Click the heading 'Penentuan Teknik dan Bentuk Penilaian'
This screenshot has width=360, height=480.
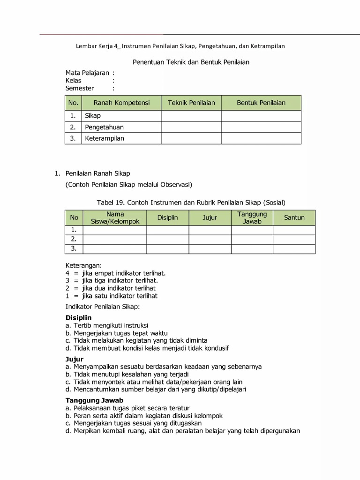tap(191, 62)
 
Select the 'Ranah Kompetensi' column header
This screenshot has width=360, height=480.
tap(121, 103)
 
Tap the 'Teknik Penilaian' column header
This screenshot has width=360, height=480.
tap(191, 103)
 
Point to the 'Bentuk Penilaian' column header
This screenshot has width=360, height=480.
tap(261, 103)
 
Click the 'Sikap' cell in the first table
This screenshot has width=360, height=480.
tap(93, 116)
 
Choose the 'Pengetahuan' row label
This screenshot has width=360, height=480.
tap(104, 127)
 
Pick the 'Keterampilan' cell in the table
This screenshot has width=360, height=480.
tap(105, 138)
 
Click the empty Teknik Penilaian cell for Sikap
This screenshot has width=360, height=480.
tap(191, 116)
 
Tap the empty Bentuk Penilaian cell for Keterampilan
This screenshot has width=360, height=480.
tap(261, 138)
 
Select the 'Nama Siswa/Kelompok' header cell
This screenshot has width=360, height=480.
tap(115, 217)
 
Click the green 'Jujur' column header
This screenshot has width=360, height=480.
tap(210, 217)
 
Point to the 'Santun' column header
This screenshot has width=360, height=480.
tap(294, 217)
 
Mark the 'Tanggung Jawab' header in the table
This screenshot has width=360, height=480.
tap(252, 217)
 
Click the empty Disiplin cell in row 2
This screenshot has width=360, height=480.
tap(168, 239)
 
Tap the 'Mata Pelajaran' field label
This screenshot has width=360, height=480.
tap(87, 73)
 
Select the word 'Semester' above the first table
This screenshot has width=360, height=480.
tap(80, 88)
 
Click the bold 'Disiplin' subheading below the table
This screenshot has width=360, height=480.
tap(78, 318)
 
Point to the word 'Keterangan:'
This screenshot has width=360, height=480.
tap(83, 265)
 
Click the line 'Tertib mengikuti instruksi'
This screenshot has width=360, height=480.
tap(111, 325)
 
